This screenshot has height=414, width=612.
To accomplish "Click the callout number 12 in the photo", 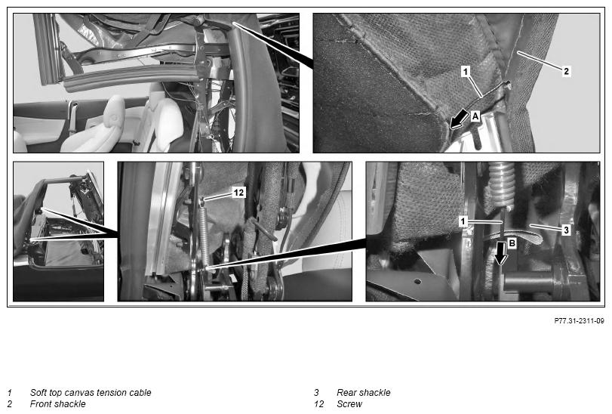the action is pos(238,192).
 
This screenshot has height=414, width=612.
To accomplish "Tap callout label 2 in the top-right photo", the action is pos(566,71).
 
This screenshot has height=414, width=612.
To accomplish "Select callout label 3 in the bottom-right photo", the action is pos(566,230).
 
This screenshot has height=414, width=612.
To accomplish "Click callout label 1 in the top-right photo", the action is pos(466,72).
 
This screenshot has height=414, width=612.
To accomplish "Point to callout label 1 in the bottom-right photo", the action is pos(463,222).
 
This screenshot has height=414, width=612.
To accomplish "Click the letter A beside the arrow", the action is pos(475,116).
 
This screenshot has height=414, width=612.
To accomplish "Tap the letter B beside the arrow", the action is pos(512,243).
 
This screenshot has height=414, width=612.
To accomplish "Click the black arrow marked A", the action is pos(459,119).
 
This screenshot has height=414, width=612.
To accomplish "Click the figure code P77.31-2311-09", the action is pos(580,320).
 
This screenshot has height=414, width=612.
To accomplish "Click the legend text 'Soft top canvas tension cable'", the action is pos(91,393).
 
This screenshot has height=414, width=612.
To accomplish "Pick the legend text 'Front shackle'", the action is pos(58,404).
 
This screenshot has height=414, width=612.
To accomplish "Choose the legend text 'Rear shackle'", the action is pos(364,393).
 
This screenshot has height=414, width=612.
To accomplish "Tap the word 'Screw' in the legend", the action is pos(349,404).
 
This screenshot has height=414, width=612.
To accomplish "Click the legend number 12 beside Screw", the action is pos(319,404).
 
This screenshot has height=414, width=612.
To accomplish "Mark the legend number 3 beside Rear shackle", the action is pos(316,393).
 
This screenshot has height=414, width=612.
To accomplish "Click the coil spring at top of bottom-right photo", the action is pos(502,184).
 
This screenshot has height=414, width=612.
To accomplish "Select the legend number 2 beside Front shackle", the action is pos(9,404).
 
